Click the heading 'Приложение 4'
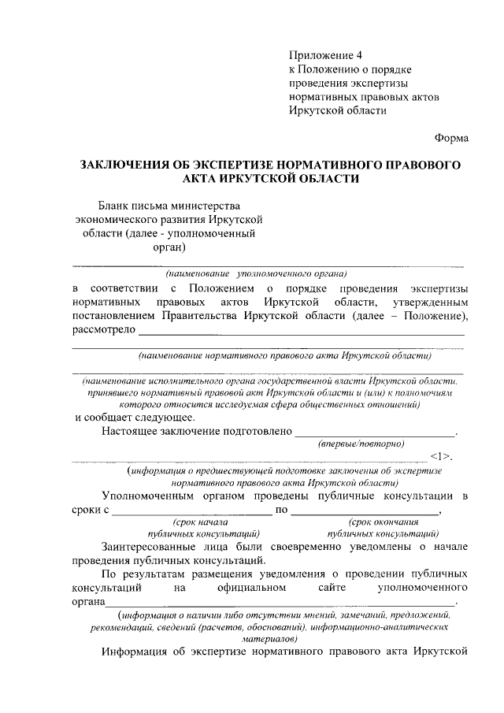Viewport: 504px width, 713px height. tap(324, 56)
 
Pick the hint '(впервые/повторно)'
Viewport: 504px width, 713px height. tap(361, 444)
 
